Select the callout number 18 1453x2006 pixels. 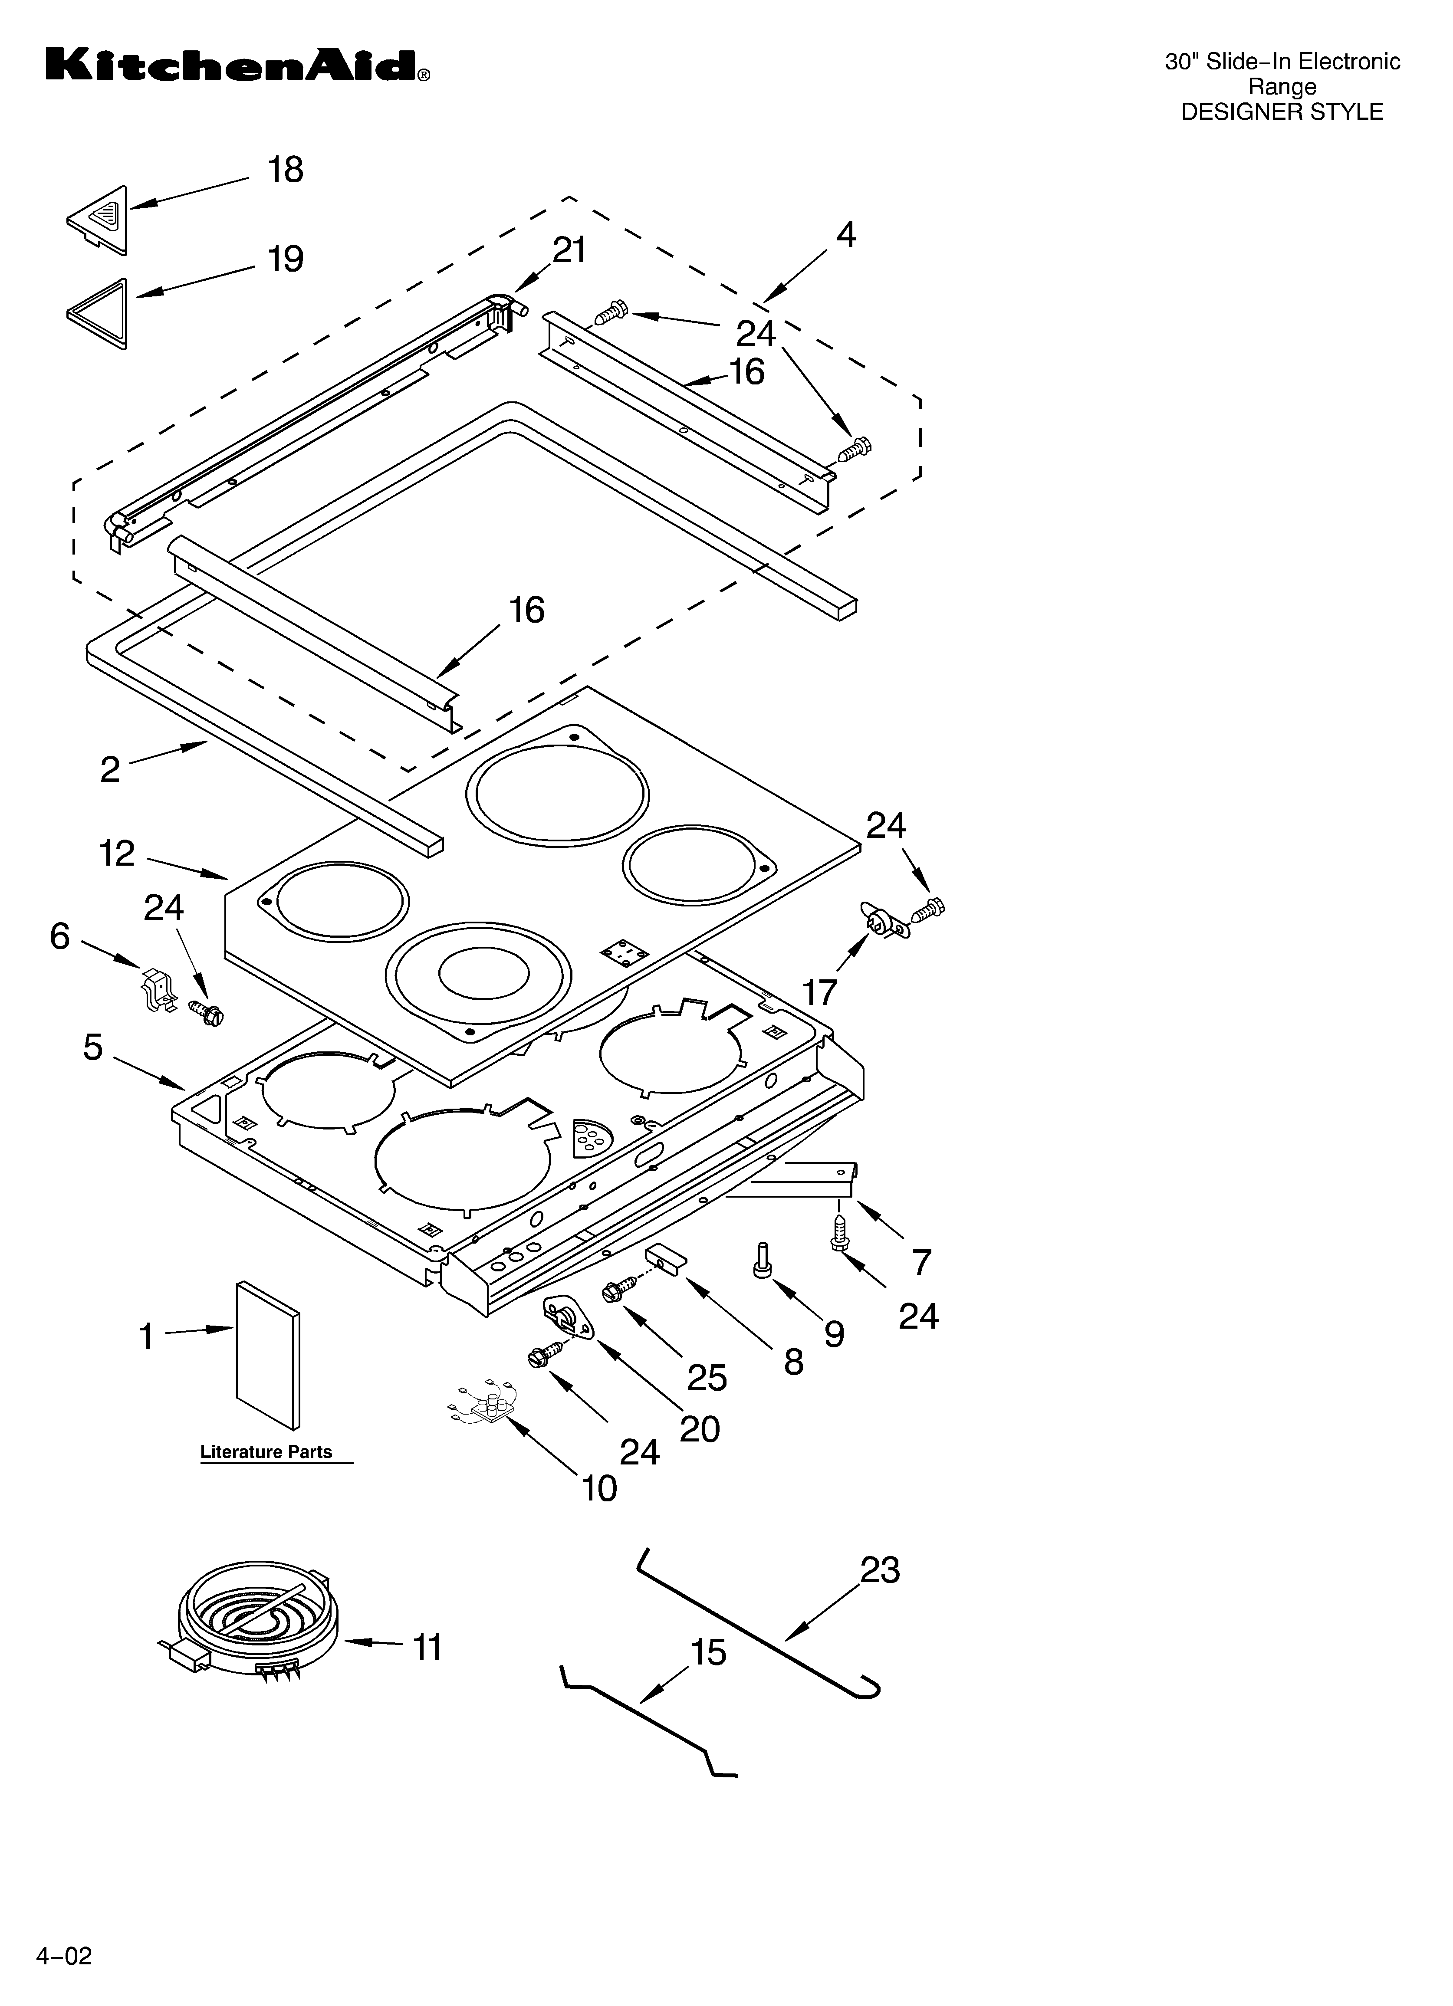(x=286, y=170)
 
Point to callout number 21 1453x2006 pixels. (x=569, y=251)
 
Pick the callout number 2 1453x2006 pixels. (x=110, y=769)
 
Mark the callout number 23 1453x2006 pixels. (x=880, y=1570)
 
